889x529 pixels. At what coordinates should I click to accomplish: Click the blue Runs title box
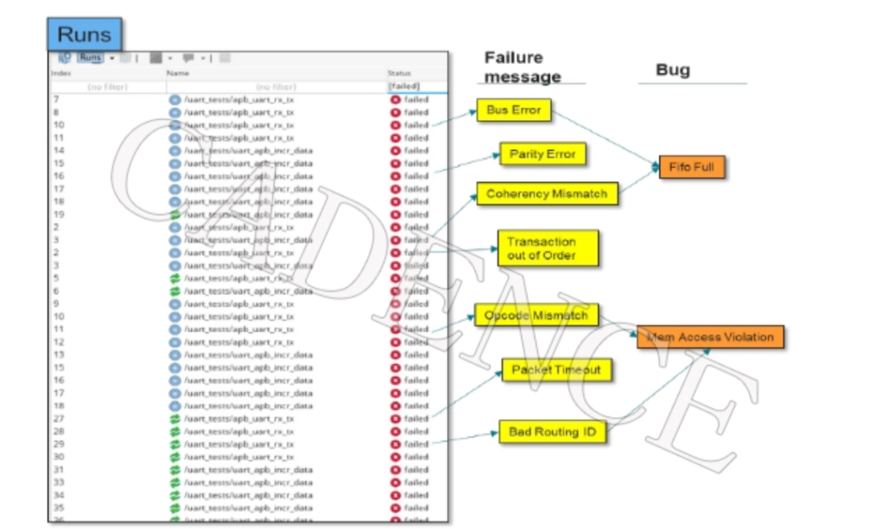point(84,35)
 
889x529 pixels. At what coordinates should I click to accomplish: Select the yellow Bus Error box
point(514,110)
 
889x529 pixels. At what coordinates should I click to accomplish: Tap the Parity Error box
point(542,155)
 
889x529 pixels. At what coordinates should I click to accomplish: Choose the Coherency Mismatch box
point(547,194)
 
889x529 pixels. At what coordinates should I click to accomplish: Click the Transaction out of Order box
point(547,248)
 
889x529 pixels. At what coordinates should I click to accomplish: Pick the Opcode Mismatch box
point(536,316)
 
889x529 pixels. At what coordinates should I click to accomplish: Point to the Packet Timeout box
point(556,370)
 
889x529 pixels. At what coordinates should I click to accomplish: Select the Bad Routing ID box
point(552,432)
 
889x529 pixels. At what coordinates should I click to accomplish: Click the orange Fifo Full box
point(691,167)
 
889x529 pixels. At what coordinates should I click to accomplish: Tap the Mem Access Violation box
point(710,336)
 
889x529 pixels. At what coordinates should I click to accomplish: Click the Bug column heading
point(673,71)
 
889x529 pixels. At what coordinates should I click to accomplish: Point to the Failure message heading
point(522,67)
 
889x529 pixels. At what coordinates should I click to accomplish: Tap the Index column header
point(62,74)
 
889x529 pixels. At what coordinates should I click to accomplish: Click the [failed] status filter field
point(404,86)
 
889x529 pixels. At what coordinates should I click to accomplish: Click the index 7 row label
point(56,100)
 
